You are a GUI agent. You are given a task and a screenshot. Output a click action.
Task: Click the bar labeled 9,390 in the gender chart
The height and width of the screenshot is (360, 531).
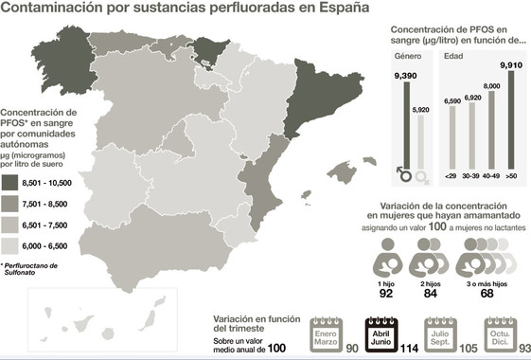point(407,123)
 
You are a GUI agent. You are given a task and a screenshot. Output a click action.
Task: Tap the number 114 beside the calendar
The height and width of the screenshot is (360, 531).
point(408,348)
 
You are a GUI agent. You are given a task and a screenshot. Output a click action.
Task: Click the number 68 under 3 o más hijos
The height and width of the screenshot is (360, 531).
point(486,292)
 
